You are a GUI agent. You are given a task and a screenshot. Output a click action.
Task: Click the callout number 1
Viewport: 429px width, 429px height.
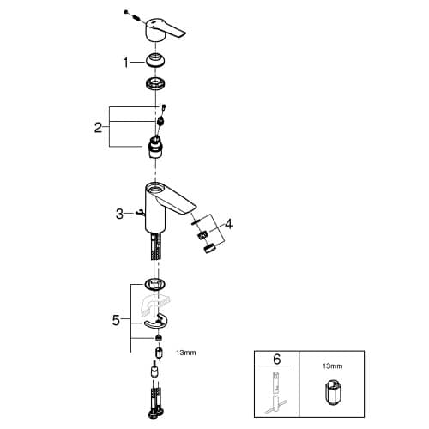click(x=125, y=63)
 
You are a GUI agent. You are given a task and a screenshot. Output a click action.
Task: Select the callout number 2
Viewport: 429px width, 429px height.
click(x=98, y=128)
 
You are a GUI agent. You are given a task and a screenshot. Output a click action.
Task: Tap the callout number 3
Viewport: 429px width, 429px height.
click(x=119, y=214)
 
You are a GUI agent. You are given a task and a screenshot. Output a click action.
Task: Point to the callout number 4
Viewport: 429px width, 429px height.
click(x=228, y=224)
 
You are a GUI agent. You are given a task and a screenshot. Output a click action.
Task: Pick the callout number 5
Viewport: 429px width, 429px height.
click(x=116, y=320)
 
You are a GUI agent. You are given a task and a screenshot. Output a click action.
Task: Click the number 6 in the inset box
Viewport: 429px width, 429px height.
click(x=277, y=360)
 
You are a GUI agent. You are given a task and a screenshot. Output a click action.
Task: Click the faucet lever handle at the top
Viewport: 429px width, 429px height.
click(x=166, y=31)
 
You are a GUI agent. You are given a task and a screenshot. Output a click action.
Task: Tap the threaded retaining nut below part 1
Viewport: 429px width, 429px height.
click(x=155, y=83)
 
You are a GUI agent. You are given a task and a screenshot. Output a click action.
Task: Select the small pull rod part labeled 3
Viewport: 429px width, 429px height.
click(x=141, y=213)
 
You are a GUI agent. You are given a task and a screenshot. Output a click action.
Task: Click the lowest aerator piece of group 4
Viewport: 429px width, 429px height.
click(x=210, y=248)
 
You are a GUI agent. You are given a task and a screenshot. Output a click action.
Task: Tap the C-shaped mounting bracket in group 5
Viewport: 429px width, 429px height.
click(x=156, y=322)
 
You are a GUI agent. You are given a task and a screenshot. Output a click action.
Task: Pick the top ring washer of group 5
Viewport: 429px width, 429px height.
click(x=155, y=284)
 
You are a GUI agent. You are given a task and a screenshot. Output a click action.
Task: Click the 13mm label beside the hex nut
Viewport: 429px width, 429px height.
click(x=186, y=353)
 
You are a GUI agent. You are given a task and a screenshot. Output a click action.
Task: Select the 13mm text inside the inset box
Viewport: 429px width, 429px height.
click(x=332, y=366)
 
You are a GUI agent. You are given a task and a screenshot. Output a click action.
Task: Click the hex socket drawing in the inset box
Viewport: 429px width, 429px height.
click(x=332, y=392)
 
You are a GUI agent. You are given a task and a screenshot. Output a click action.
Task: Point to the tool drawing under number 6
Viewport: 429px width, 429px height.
click(x=275, y=392)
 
